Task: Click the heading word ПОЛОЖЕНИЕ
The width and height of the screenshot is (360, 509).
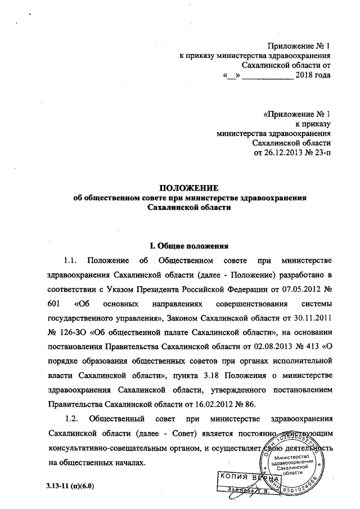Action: point(186,188)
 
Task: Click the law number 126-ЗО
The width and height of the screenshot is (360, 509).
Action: point(72,334)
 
